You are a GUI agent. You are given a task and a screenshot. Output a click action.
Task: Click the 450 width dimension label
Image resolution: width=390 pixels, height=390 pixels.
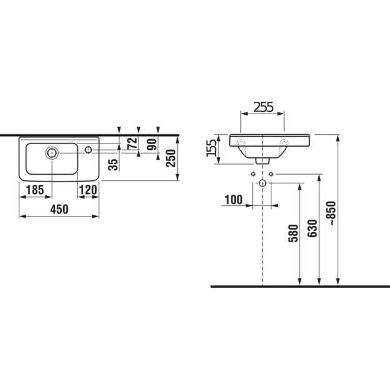click(x=59, y=210)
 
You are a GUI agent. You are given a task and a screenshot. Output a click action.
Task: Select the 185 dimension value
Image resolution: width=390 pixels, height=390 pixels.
click(x=35, y=190)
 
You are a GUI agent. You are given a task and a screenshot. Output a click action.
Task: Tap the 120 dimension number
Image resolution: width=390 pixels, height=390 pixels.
click(x=88, y=190)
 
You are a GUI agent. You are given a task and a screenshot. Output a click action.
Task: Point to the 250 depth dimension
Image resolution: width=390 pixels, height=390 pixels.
click(x=171, y=158)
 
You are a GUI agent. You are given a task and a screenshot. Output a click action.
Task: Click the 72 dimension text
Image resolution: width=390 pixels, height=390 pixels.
click(x=132, y=143)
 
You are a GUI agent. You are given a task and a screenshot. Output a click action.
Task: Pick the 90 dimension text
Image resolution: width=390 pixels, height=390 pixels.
click(x=152, y=144)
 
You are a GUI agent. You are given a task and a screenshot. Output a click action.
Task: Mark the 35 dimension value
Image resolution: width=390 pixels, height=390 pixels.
click(x=113, y=164)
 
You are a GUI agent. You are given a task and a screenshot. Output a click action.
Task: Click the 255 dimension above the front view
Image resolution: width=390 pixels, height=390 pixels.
click(x=263, y=107)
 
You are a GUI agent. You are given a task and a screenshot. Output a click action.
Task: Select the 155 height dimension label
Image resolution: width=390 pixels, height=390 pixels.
click(x=212, y=148)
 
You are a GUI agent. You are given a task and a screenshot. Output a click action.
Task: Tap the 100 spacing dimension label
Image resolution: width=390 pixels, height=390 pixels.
click(x=233, y=200)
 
